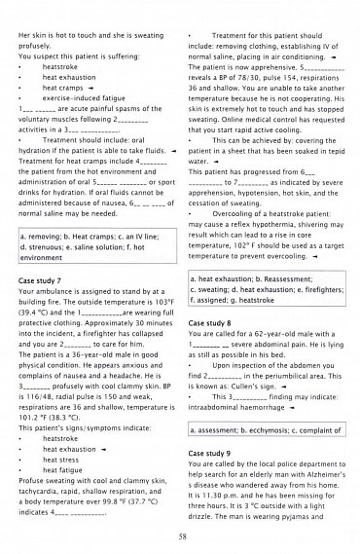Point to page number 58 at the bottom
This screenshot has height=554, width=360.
(x=181, y=536)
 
